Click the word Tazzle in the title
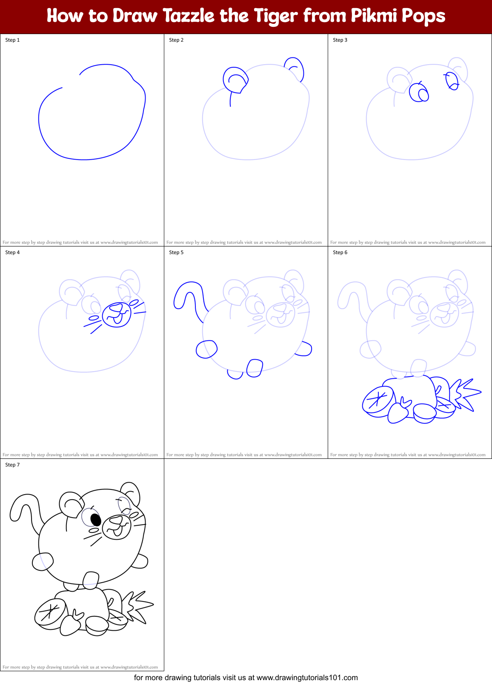[x=189, y=16]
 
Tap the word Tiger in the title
[x=275, y=16]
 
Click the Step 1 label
[x=12, y=40]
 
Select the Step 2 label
[x=176, y=40]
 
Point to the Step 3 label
[x=340, y=40]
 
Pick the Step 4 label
[x=12, y=252]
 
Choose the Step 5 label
[x=176, y=252]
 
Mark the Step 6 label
[x=340, y=252]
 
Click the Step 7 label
[x=12, y=465]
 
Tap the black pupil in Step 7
[x=96, y=520]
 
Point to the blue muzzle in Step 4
[x=116, y=315]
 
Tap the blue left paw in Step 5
[x=206, y=349]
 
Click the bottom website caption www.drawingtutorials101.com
[x=307, y=678]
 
